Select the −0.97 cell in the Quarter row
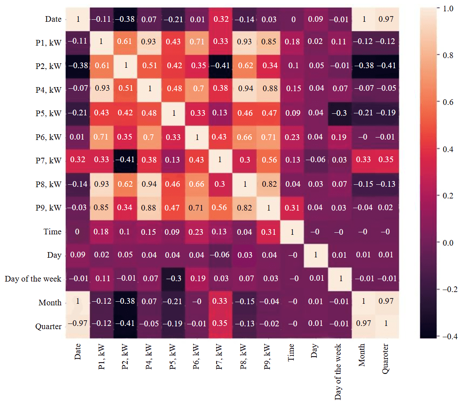(x=77, y=326)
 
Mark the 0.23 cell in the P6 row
(x=292, y=137)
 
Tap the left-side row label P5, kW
(x=48, y=113)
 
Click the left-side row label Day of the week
(x=33, y=279)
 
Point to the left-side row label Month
(x=50, y=303)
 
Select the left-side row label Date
(x=53, y=19)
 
